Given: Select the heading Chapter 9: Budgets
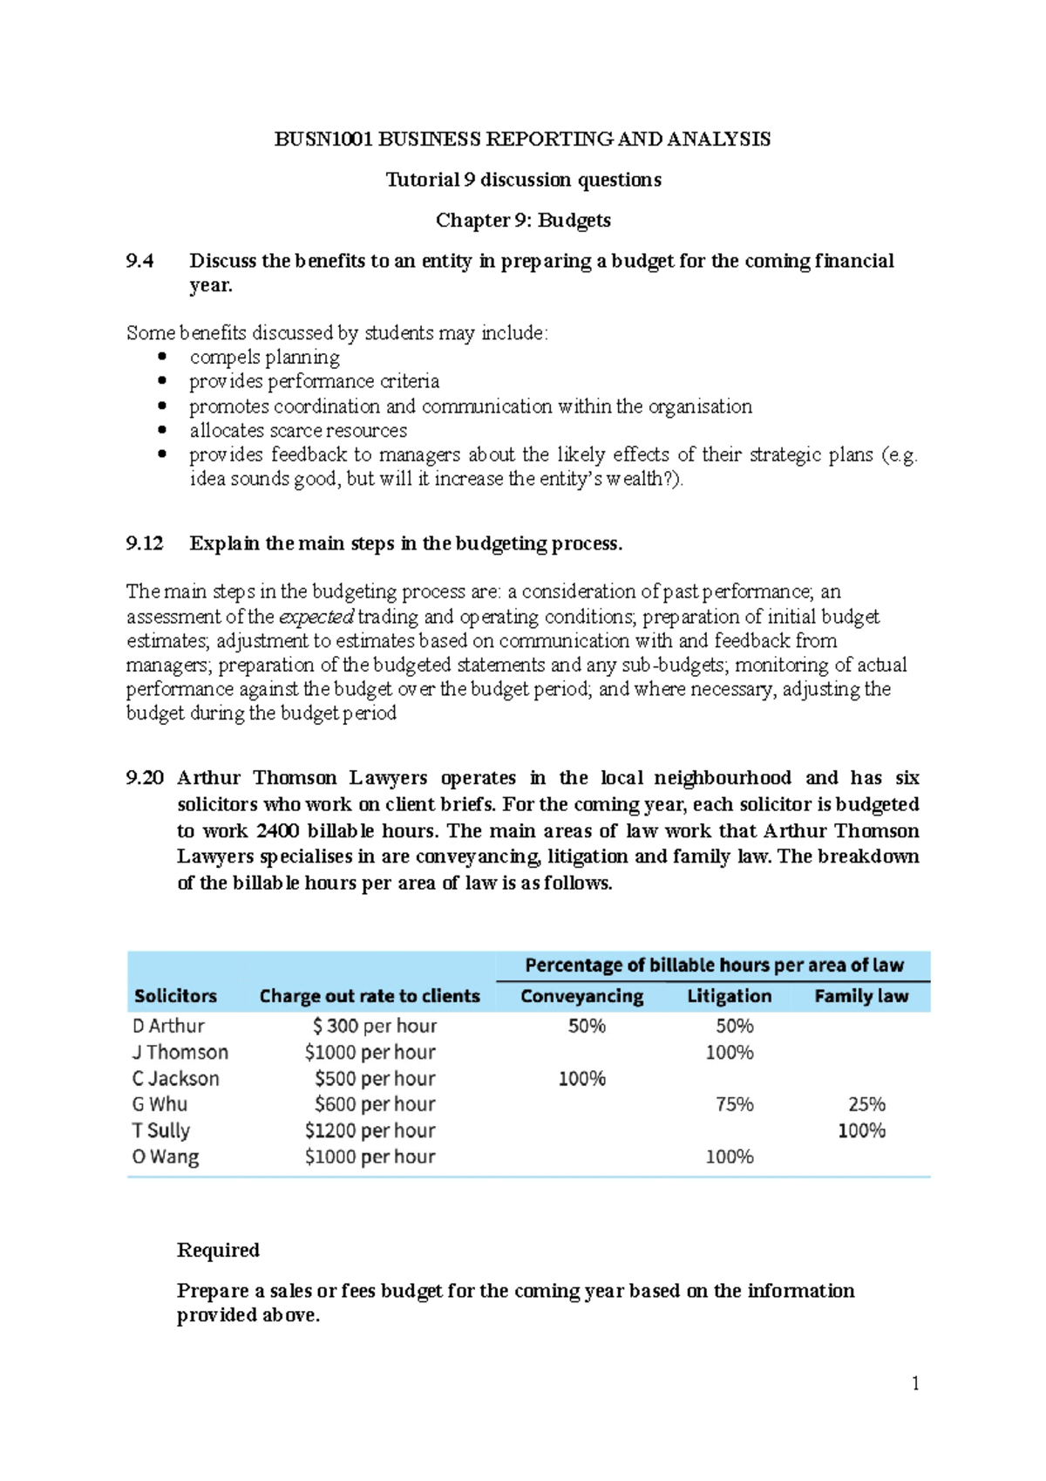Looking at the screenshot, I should coord(523,220).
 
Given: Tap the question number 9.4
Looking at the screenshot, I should coord(139,261).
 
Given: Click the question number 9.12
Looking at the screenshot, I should coord(145,543).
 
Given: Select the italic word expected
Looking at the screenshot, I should coord(316,617).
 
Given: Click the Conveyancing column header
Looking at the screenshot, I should coord(581,996).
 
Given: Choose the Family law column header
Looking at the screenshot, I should coord(861,996).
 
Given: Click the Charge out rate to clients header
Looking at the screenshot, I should coord(370,996).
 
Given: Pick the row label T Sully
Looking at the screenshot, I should coord(161,1130).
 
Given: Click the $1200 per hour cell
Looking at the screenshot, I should coord(370,1130).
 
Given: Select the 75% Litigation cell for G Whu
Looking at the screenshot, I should coord(734,1104).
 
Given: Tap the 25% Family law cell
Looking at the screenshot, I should coord(866,1104).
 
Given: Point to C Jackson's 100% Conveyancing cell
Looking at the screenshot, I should coord(581,1078).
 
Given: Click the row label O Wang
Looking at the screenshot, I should coord(166,1157).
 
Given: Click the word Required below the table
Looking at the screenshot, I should coord(218,1250).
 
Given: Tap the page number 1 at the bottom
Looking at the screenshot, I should coord(915,1383).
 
